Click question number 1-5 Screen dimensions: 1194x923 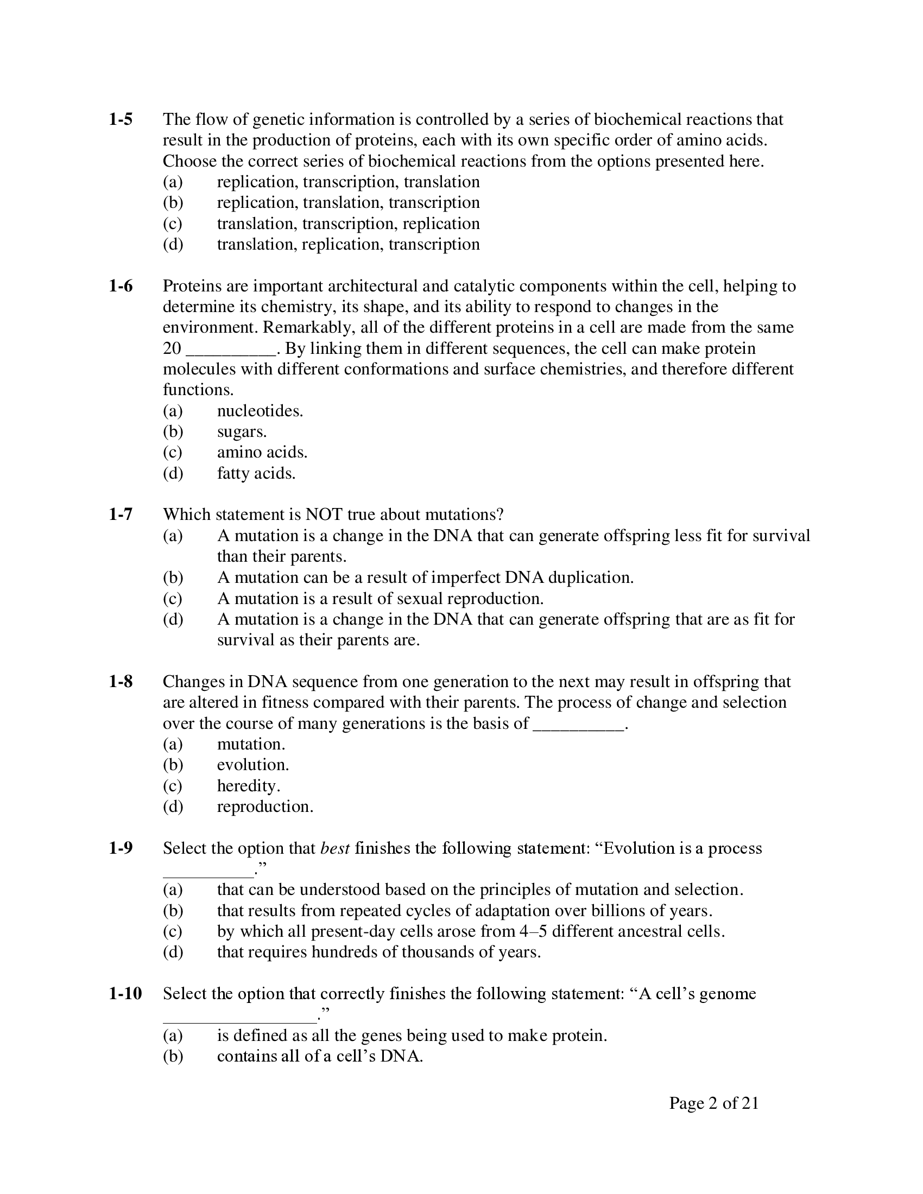click(121, 119)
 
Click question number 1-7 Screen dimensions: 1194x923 click(121, 515)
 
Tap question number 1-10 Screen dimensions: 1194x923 click(125, 993)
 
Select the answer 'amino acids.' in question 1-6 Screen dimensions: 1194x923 click(262, 452)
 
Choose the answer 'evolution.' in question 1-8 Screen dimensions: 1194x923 click(252, 764)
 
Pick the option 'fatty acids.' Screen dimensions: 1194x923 click(256, 473)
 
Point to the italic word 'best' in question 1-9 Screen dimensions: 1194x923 click(334, 848)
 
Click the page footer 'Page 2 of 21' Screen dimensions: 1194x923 click(713, 1103)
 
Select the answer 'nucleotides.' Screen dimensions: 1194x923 click(260, 411)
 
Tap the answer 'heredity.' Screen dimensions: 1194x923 click(248, 786)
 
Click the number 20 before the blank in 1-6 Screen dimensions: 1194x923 click(172, 348)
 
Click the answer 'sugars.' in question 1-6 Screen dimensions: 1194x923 click(242, 431)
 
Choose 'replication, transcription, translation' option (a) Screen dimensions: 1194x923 click(348, 181)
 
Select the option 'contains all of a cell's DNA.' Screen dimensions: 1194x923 click(320, 1056)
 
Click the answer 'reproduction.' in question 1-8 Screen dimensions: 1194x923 click(265, 806)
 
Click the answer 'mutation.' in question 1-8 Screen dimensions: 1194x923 click(251, 744)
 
